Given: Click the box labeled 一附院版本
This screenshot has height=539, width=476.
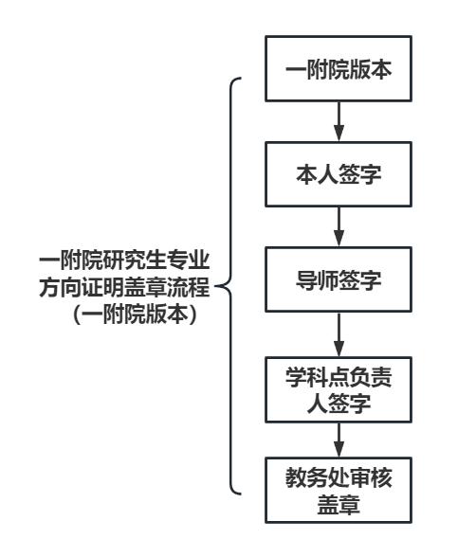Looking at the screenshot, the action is point(339,68).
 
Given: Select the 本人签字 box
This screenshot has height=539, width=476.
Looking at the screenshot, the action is point(339,174).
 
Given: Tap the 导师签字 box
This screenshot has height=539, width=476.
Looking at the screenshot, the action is point(339,279).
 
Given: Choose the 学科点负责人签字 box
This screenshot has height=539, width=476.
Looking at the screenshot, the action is point(339,390).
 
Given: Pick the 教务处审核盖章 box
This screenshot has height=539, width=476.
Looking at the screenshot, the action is point(339,490).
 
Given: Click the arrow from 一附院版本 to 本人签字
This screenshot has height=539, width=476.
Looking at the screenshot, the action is point(339,121).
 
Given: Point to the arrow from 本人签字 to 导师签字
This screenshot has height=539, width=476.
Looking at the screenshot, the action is point(339,227).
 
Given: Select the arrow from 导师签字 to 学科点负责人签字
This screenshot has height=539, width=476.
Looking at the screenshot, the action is point(339,334).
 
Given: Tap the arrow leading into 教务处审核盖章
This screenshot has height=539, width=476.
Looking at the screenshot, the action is point(339,440).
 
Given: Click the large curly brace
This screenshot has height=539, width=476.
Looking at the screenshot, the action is point(230,286).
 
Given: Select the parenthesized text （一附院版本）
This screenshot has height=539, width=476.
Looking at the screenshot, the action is point(135,314).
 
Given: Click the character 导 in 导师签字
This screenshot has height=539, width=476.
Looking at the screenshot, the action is point(306,279).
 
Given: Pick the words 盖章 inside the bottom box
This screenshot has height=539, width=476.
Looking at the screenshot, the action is point(339,504).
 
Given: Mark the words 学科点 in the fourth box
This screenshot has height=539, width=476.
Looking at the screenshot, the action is point(317,377).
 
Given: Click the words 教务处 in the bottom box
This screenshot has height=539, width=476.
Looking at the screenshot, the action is point(317,477).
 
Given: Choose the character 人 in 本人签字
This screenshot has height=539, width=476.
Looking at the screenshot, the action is point(328,174).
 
